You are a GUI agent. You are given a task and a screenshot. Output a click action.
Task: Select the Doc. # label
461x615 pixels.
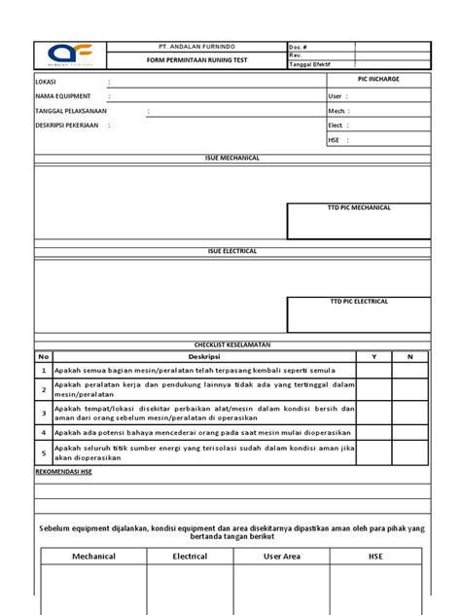click(x=298, y=47)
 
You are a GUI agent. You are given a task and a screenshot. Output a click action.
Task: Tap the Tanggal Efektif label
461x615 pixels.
click(x=308, y=64)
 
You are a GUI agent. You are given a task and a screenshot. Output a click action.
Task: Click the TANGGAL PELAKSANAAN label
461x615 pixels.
click(x=71, y=111)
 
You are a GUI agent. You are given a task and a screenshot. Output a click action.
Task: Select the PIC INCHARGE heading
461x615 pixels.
click(x=378, y=79)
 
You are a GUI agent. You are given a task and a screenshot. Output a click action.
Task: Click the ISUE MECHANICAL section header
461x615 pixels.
click(x=231, y=158)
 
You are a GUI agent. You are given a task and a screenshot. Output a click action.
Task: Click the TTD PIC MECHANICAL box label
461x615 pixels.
click(x=358, y=208)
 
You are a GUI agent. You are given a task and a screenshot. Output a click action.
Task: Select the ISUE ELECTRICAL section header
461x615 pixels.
click(x=231, y=251)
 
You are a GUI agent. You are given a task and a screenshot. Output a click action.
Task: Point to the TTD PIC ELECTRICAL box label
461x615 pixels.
click(x=358, y=302)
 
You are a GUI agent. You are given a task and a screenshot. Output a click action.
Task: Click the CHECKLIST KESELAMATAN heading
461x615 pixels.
click(x=231, y=345)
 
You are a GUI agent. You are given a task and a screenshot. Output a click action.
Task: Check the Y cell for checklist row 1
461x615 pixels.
click(x=374, y=371)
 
